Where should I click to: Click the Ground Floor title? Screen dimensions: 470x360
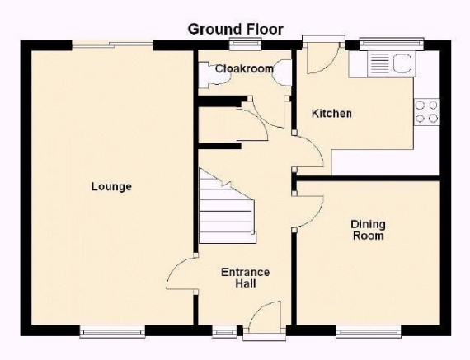(235, 30)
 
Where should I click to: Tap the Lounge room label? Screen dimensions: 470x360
(111, 186)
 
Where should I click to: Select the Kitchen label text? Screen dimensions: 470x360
(331, 114)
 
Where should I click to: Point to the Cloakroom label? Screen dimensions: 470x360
(244, 69)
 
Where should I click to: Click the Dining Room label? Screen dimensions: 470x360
(368, 230)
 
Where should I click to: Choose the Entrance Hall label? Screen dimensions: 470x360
(245, 278)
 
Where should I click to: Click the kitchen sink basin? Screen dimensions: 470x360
(402, 63)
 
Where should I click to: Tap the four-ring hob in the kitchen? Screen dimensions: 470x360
(427, 112)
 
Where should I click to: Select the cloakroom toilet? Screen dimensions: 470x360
(282, 72)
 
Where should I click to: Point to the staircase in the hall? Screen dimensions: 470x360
(228, 207)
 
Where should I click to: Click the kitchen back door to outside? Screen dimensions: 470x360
(323, 58)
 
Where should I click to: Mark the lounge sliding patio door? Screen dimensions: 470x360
(112, 45)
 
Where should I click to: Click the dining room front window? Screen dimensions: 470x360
(369, 331)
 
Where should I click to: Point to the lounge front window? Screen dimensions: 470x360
(112, 331)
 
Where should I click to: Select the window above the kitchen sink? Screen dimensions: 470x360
(392, 44)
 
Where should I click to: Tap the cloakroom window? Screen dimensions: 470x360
(245, 44)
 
